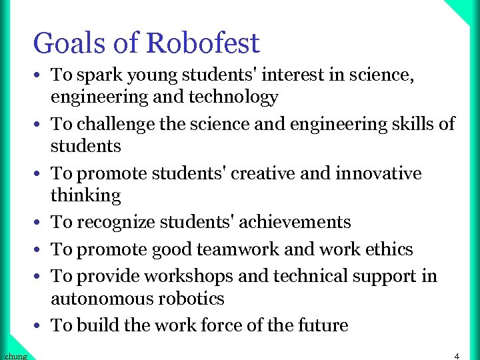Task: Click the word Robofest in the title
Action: coord(203,44)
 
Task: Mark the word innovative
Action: coord(379,173)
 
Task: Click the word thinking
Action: coord(86,195)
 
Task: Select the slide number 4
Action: coord(457,356)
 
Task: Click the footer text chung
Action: coord(14,356)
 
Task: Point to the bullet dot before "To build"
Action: coord(41,326)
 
